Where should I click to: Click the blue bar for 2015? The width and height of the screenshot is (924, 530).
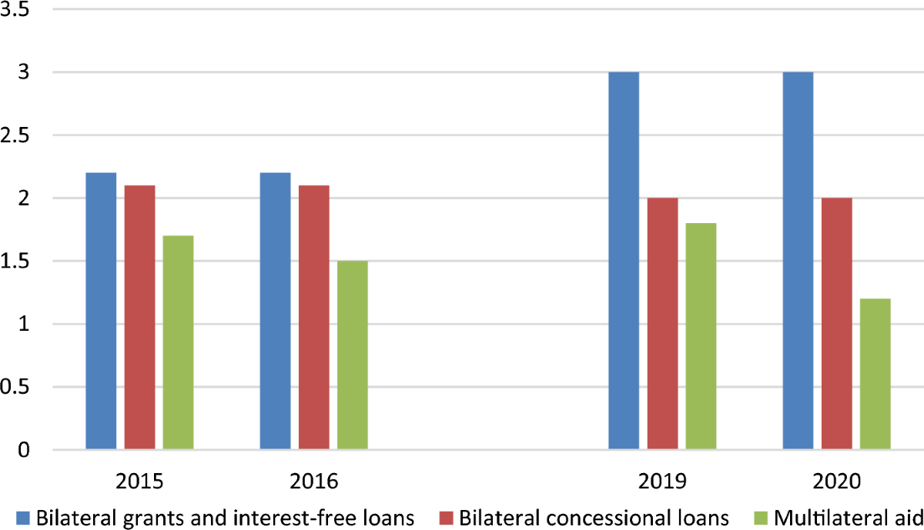point(101,311)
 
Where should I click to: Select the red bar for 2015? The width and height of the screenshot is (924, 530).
point(139,317)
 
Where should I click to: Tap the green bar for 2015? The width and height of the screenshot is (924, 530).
point(178,342)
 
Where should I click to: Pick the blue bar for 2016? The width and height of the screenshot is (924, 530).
point(275,311)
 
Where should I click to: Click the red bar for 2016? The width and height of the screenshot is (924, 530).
point(314,317)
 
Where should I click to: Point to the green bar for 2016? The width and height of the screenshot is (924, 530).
point(353,355)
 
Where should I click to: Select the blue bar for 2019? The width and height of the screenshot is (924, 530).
point(624,261)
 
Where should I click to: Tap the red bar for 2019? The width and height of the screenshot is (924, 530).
point(662,323)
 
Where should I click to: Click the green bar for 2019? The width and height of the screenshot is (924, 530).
point(701,336)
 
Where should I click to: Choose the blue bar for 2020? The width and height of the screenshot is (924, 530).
point(798,261)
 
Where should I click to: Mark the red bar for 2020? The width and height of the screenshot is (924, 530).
point(836,323)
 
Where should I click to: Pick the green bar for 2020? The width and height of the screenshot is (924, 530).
point(875,374)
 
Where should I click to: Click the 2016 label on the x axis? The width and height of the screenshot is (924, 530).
point(313,482)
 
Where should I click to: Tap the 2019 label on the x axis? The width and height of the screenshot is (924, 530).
point(662,482)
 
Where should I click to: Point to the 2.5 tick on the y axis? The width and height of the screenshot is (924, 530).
point(15,135)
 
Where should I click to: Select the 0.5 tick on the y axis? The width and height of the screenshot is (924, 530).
point(15,387)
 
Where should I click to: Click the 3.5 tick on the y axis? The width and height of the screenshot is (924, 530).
point(15,10)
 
